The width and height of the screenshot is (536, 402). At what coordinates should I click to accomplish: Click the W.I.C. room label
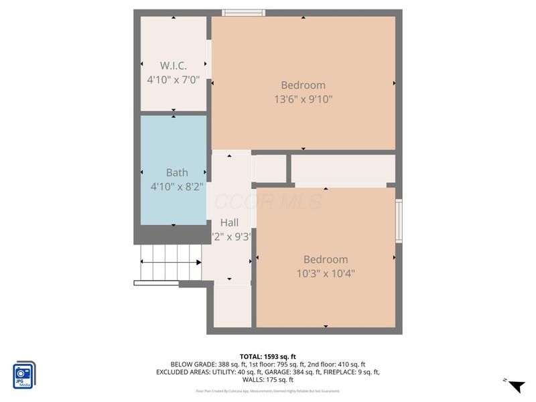coord(173,66)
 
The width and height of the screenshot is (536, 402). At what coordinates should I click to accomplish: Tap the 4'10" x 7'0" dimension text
coord(173,79)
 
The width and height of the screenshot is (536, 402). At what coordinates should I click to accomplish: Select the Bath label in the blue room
coord(177,173)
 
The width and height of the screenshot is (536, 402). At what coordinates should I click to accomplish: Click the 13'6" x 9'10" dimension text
coord(303,99)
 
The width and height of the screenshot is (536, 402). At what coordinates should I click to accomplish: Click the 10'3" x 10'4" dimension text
coord(326,273)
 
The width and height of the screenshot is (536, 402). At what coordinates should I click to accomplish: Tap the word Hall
coord(230,222)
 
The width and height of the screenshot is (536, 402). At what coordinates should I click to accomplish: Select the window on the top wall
coord(244,12)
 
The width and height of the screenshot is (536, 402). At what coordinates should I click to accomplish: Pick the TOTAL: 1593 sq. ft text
coord(268,356)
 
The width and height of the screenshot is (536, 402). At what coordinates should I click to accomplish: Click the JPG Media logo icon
coord(24,375)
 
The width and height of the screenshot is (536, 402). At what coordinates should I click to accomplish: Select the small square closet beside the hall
coord(271,169)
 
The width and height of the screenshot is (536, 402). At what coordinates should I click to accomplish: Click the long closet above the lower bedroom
coord(343,168)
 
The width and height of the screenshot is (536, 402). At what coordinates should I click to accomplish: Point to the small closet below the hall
coord(232,305)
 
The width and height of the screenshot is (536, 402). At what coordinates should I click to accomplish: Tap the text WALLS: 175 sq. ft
coord(268,380)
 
